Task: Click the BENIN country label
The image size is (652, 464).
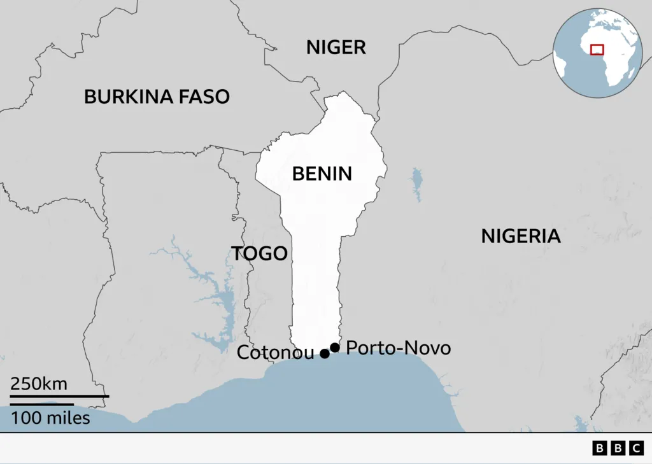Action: click(322, 173)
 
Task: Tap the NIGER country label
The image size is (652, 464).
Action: click(336, 46)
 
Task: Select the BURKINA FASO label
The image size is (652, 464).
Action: click(157, 96)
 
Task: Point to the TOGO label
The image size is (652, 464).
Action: click(259, 253)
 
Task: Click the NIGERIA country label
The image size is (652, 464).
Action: click(520, 236)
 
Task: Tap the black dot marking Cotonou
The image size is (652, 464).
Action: click(325, 354)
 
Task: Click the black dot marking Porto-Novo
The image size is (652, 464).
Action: click(335, 347)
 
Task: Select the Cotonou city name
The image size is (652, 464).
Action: click(275, 353)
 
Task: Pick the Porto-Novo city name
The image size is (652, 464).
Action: click(399, 348)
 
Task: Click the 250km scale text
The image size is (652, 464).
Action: click(39, 384)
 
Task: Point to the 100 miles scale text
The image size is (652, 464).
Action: click(50, 418)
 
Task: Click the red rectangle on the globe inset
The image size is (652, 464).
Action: click(597, 49)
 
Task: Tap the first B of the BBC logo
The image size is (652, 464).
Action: click(600, 449)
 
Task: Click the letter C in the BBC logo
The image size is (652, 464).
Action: click(636, 449)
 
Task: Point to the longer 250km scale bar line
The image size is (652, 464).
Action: click(59, 397)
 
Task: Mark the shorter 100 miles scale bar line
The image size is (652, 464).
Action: click(41, 404)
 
